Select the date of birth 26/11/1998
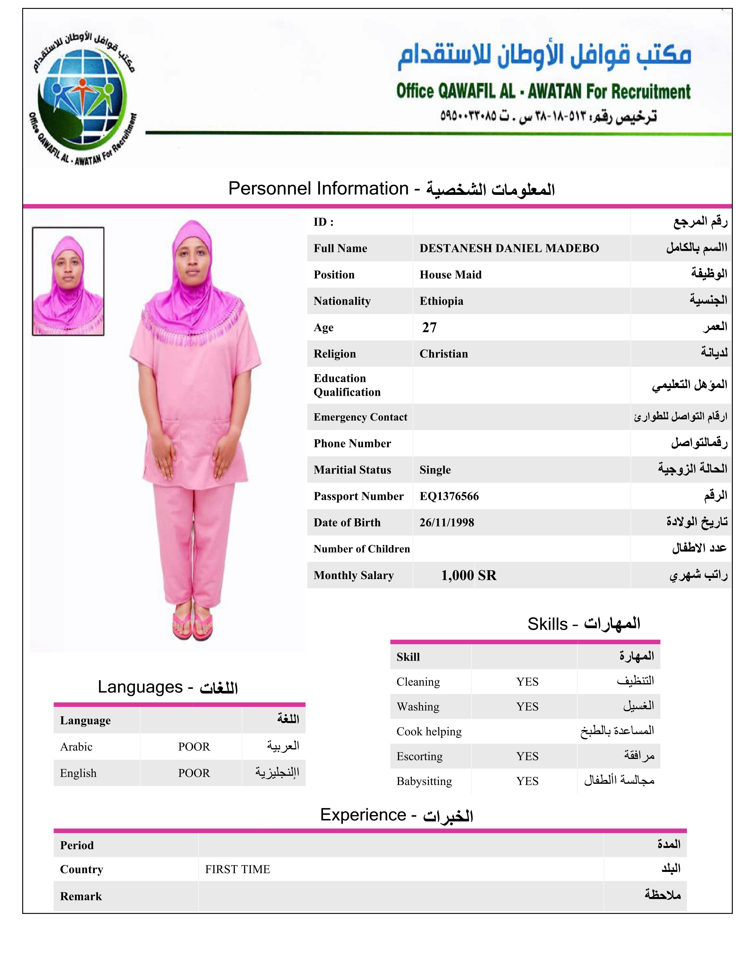pyautogui.click(x=446, y=522)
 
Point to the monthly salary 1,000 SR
pyautogui.click(x=468, y=575)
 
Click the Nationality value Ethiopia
pyautogui.click(x=441, y=301)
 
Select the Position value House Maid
pyautogui.click(x=450, y=275)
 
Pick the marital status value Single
pyautogui.click(x=435, y=470)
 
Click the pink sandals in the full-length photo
pyautogui.click(x=193, y=625)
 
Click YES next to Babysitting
pyautogui.click(x=527, y=781)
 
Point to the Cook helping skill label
pyautogui.click(x=428, y=731)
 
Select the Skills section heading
pyautogui.click(x=583, y=623)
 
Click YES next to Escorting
pyautogui.click(x=527, y=756)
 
